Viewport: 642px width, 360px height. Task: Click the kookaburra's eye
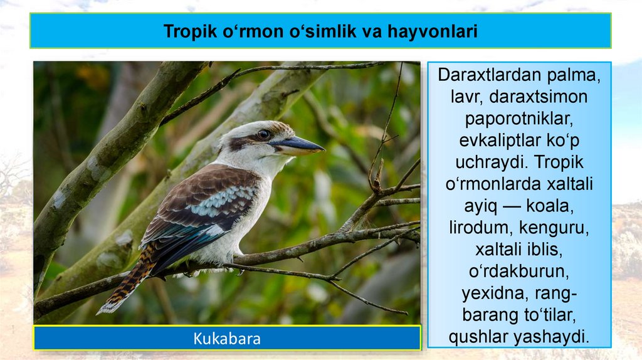click(263, 134)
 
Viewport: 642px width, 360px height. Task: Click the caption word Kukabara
click(227, 339)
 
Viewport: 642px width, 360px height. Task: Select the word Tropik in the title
click(190, 31)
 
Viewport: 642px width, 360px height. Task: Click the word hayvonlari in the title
click(433, 31)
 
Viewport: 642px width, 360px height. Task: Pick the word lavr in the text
click(466, 97)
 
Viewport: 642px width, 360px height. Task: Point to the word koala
click(550, 206)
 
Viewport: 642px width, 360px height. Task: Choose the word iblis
click(544, 250)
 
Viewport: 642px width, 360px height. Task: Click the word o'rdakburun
click(518, 271)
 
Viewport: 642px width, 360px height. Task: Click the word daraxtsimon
click(539, 97)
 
